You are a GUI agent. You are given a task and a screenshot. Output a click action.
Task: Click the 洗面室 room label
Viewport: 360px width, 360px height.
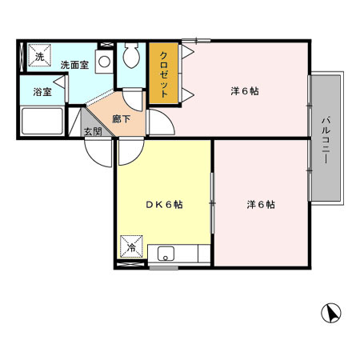pyautogui.click(x=73, y=65)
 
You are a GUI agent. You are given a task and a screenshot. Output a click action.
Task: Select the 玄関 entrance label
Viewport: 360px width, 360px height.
pyautogui.click(x=93, y=131)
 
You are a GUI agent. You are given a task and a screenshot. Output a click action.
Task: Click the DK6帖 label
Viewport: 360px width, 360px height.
pyautogui.click(x=165, y=205)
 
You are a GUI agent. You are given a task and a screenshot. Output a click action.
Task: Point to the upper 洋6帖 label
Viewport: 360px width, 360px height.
pyautogui.click(x=244, y=90)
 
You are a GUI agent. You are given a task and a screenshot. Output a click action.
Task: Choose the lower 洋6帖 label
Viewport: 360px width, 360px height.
pyautogui.click(x=260, y=205)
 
